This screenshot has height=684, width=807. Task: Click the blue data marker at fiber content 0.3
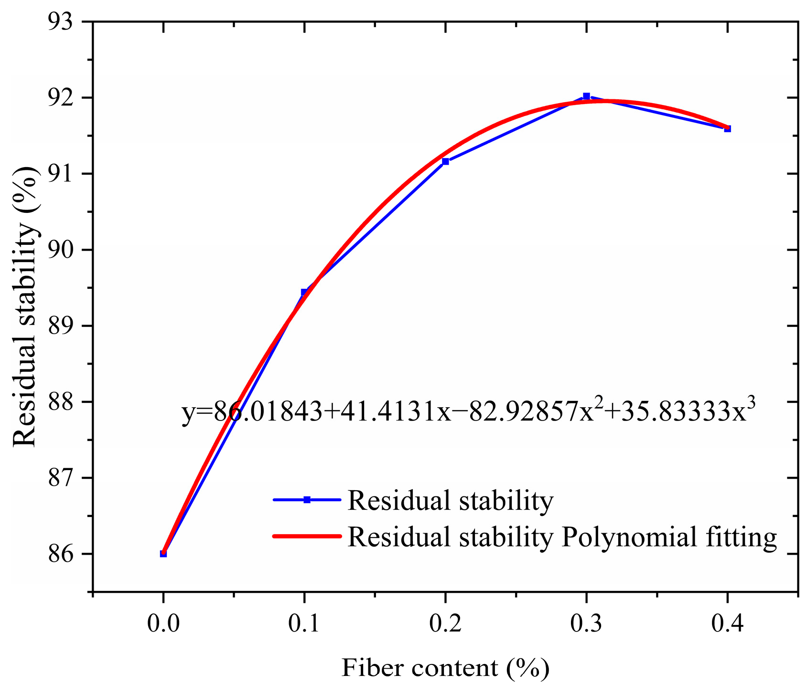586,96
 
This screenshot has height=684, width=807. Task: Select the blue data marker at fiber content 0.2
445,161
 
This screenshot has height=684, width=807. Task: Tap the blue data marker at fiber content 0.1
304,292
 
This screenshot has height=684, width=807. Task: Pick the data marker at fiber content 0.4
727,128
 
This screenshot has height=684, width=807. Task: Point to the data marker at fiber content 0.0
163,554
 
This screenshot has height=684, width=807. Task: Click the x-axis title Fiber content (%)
445,667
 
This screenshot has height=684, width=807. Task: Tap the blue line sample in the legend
307,500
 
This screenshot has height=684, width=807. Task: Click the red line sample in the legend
307,536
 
